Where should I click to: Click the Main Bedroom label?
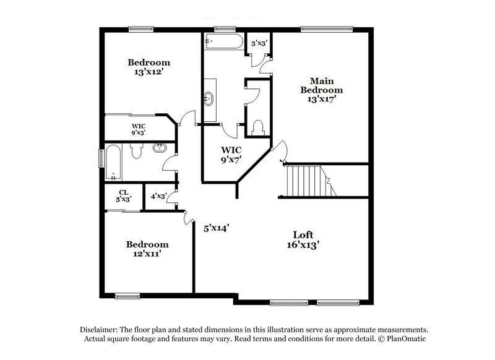321,85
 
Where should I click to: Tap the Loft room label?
303,234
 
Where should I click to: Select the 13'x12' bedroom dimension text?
148,72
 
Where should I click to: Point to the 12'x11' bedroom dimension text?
148,254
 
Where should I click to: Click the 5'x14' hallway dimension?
217,228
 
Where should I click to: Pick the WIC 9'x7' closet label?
231,155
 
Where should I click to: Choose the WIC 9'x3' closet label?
138,129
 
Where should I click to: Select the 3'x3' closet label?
259,43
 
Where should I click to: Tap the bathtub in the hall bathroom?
113,162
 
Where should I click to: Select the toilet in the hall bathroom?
138,150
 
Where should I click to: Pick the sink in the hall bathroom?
160,147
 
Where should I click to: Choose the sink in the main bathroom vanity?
209,97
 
